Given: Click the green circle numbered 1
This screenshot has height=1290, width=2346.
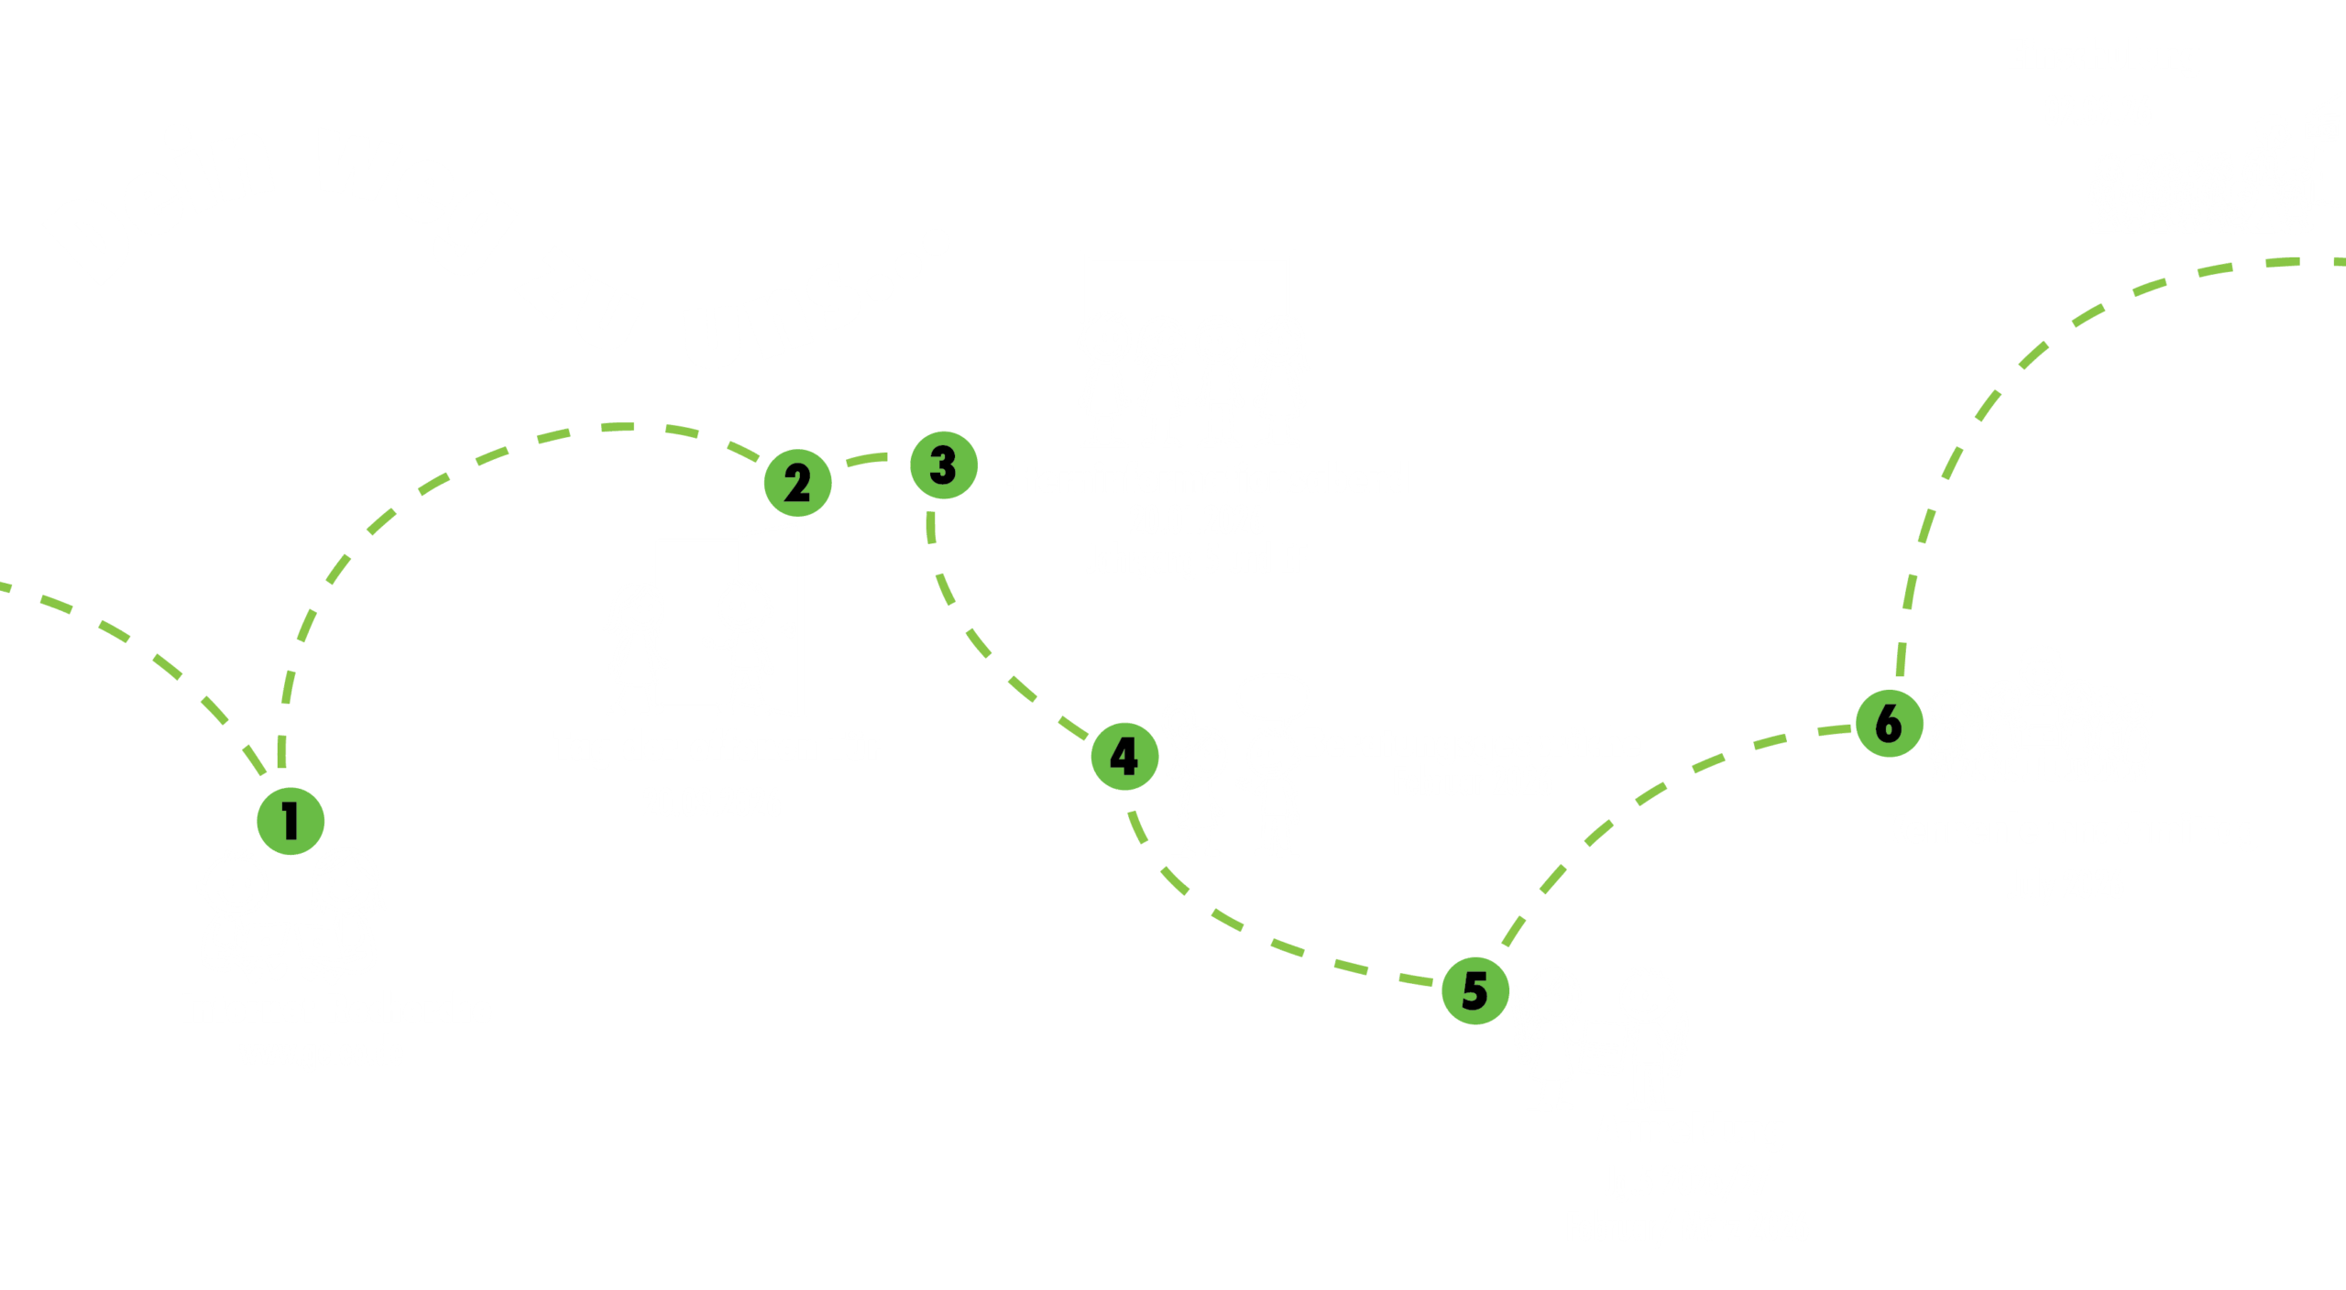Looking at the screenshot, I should pos(291,821).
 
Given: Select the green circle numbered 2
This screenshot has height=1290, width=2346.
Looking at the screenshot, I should pos(797,483).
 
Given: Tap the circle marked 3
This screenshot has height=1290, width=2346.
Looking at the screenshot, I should pos(944,465).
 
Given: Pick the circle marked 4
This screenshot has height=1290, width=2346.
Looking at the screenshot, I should pos(1124,757).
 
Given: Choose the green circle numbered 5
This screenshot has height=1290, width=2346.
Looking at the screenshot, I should pos(1475,990).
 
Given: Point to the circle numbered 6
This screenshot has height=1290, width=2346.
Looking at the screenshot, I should pos(1889,724).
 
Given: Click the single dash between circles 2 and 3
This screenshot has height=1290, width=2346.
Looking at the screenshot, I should pos(867,458).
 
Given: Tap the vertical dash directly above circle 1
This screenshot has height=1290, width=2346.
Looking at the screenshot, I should pos(282,750).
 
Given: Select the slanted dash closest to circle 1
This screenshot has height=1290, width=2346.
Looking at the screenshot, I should pos(254,760).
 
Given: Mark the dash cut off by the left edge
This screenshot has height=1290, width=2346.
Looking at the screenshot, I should pos(5,585).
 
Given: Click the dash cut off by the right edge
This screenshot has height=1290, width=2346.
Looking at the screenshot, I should pos(2339,262).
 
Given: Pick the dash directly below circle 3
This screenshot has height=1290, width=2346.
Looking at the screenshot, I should pos(931,527).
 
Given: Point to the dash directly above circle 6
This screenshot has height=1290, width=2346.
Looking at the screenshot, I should pos(1901,659).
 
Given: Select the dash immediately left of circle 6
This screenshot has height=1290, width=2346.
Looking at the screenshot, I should pos(1835,730).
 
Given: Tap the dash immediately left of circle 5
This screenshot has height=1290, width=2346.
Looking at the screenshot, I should pos(1416,980).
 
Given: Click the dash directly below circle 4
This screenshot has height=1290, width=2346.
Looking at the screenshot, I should pos(1137,825).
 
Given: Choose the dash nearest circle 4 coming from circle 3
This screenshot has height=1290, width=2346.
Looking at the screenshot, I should pos(1073,727).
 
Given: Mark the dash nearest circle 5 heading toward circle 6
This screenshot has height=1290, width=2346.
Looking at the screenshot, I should pos(1513,931).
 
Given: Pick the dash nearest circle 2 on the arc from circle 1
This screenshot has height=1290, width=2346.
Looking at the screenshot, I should pos(743,451).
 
